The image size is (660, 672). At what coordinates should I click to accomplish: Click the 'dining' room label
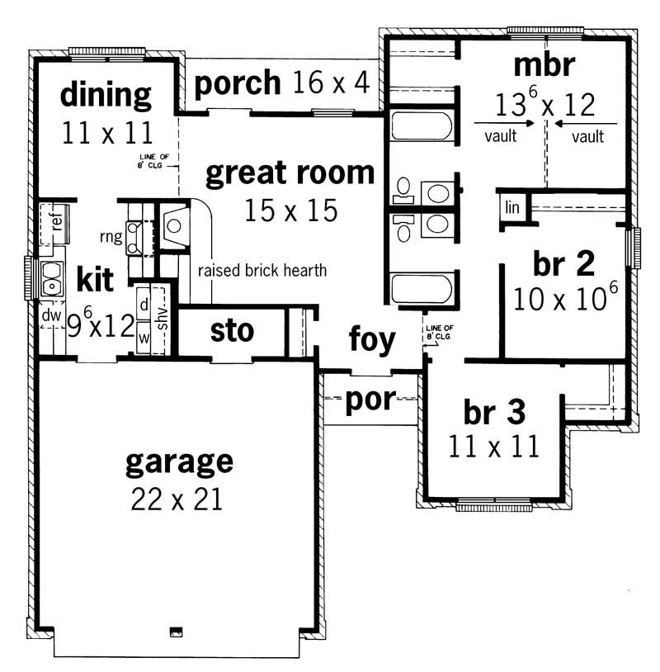click(106, 95)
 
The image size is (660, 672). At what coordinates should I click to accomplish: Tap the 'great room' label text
click(290, 173)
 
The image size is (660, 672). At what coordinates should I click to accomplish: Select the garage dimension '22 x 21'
click(177, 498)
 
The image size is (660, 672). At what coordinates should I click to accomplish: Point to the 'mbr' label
click(543, 64)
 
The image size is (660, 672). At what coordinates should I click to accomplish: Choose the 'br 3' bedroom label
click(495, 410)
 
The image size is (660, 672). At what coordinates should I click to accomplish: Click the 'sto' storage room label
click(232, 331)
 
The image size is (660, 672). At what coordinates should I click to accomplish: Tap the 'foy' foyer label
click(371, 338)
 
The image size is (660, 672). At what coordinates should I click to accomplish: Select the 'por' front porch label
click(370, 401)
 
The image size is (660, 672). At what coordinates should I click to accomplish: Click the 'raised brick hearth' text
click(262, 270)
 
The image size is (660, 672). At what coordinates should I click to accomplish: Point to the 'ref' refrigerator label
click(57, 222)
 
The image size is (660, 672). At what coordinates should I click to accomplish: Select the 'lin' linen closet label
click(512, 208)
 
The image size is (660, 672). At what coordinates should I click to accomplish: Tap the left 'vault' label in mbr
click(501, 136)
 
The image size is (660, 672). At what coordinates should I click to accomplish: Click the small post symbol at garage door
click(176, 632)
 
